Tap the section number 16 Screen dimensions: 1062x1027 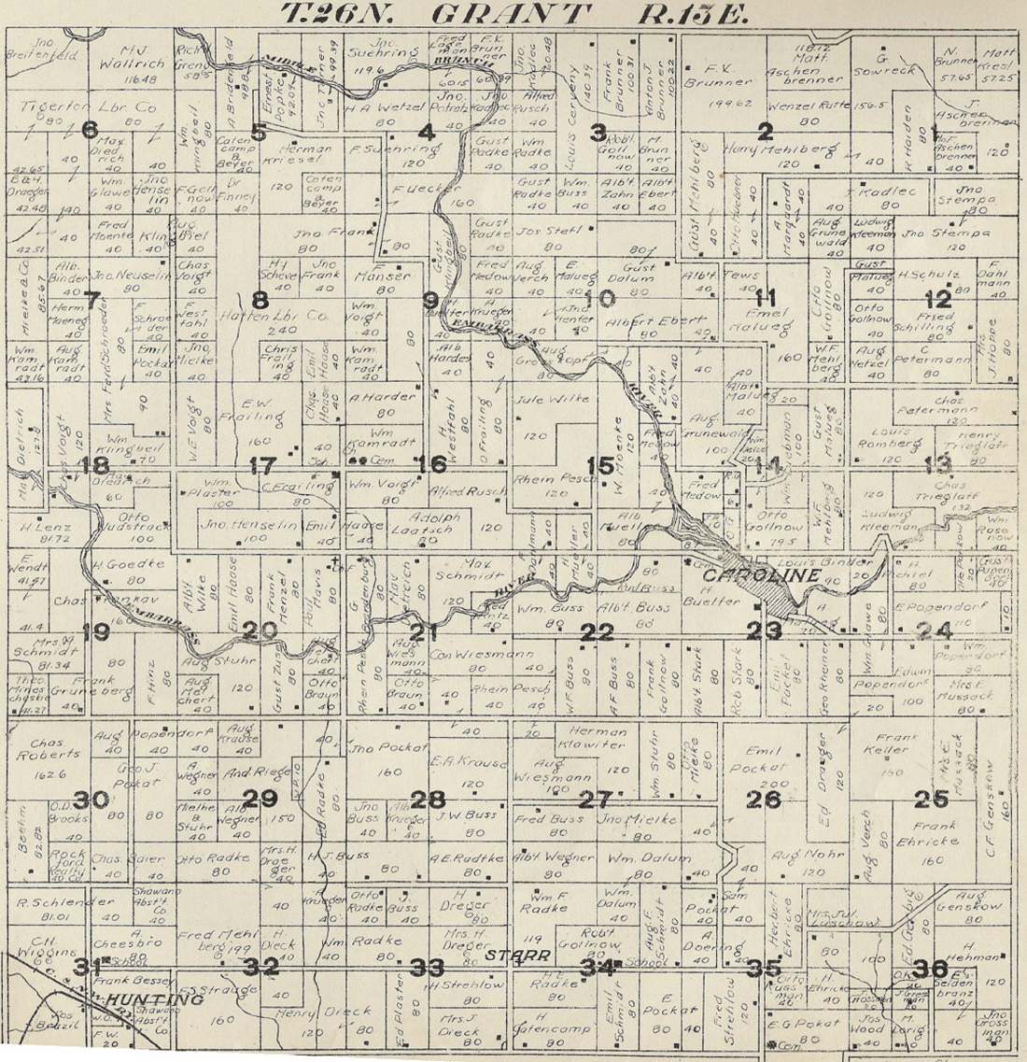point(431,464)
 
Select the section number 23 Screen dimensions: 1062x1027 point(764,630)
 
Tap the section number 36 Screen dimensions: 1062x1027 point(931,969)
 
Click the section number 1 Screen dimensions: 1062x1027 point(935,132)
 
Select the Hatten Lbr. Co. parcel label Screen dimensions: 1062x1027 point(287,317)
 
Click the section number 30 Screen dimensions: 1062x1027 point(91,800)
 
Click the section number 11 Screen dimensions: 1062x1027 point(767,299)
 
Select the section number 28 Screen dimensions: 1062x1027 point(429,800)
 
